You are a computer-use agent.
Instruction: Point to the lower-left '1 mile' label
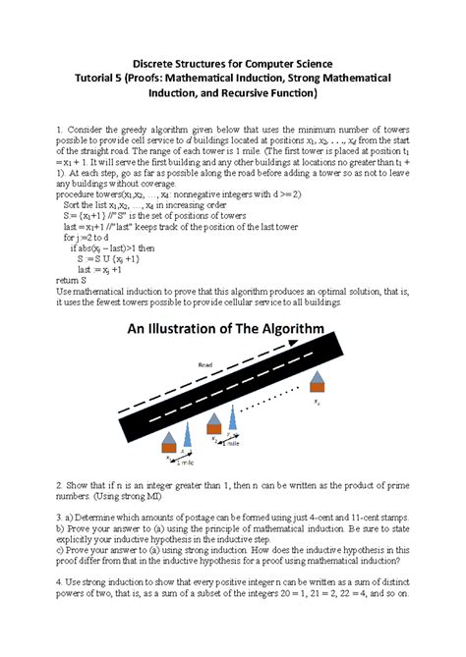184,461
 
